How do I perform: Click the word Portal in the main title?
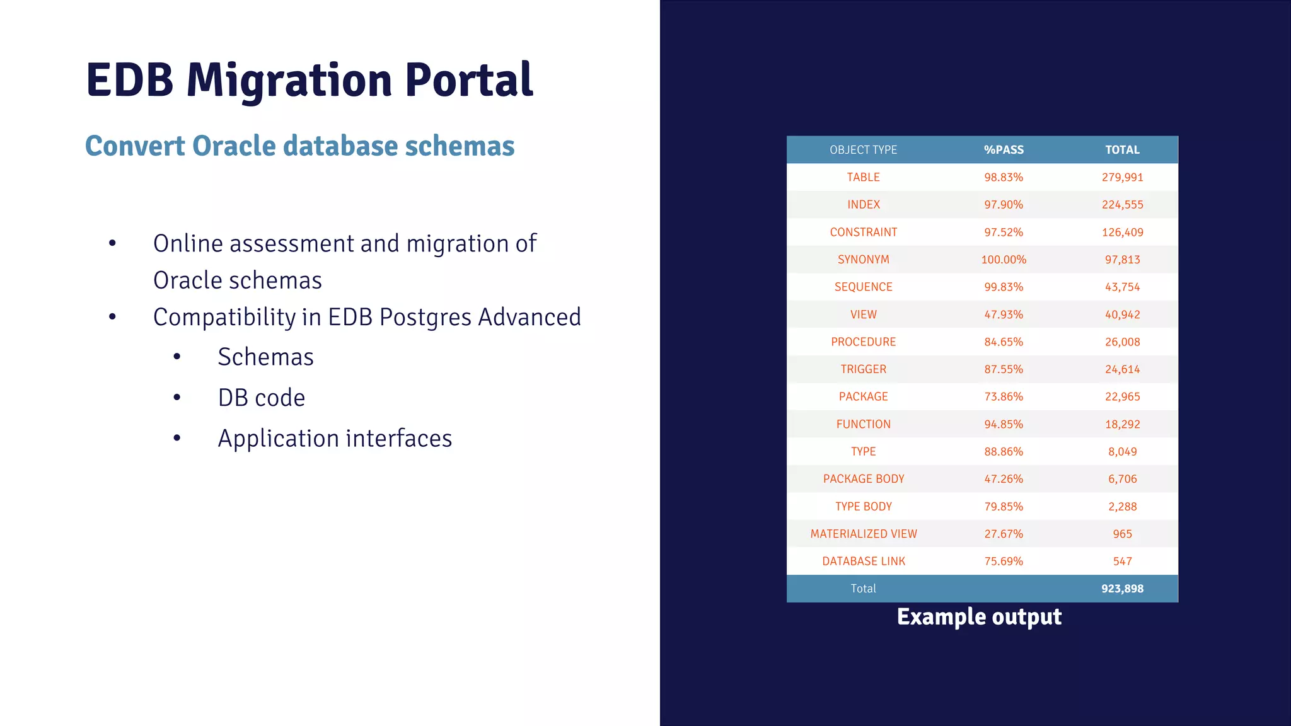[469, 80]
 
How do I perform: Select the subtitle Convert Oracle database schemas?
[299, 146]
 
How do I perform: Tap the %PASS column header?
[1004, 150]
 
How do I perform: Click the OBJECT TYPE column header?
[863, 150]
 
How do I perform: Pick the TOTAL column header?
[1122, 150]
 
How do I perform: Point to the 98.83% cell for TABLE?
[1004, 177]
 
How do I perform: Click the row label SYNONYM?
[863, 260]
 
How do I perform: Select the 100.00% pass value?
[1004, 260]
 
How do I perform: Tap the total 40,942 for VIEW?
[1122, 314]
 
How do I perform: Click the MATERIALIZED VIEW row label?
[863, 534]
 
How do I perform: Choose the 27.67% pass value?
[1004, 534]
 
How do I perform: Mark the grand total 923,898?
[1122, 589]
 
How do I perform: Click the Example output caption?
[979, 617]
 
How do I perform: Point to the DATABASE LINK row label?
[863, 561]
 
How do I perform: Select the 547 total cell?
[1122, 561]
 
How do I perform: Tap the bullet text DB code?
[261, 398]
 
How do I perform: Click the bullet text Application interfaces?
[335, 439]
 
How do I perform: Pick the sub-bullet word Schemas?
[265, 357]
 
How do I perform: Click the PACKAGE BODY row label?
[863, 479]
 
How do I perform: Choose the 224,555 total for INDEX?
[1122, 205]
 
